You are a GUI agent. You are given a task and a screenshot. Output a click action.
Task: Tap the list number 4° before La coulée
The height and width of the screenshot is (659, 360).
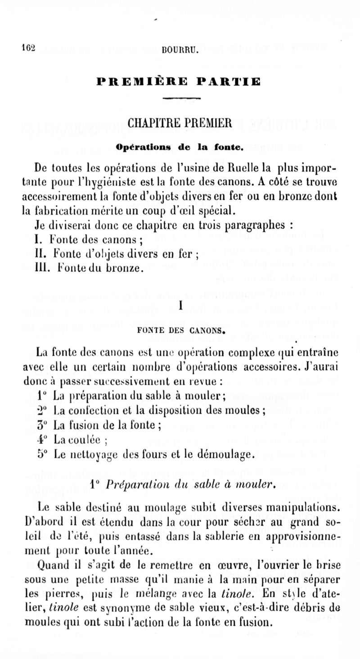coord(40,440)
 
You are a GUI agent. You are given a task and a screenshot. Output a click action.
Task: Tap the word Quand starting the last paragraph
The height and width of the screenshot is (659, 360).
coord(49,564)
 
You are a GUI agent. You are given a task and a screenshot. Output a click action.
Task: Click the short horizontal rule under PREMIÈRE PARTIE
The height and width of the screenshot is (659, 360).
coord(179,98)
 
